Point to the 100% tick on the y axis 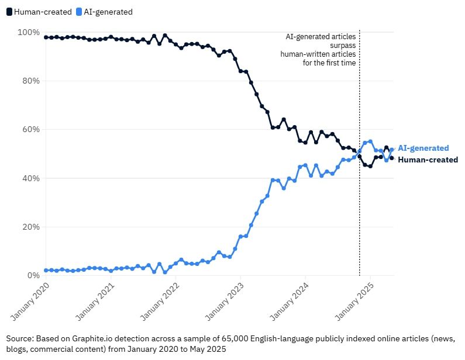28,32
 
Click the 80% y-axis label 30,81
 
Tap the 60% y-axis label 30,129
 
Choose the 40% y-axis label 30,178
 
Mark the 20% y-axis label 30,227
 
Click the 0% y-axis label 32,275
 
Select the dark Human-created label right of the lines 428,160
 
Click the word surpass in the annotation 341,45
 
